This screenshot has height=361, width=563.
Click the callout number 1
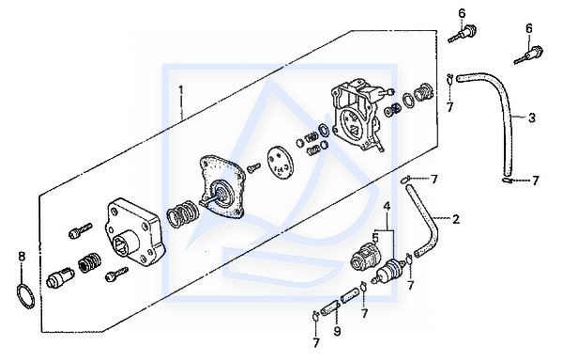click(181, 90)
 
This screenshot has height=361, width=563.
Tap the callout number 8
click(23, 257)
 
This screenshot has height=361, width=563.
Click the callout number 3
click(532, 118)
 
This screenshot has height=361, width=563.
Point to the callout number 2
click(456, 219)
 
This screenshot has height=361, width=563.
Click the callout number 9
click(337, 331)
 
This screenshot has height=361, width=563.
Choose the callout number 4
click(387, 207)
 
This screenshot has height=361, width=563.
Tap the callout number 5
click(375, 237)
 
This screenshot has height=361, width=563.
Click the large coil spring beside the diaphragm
click(182, 214)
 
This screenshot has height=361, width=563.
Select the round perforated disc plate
click(280, 161)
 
